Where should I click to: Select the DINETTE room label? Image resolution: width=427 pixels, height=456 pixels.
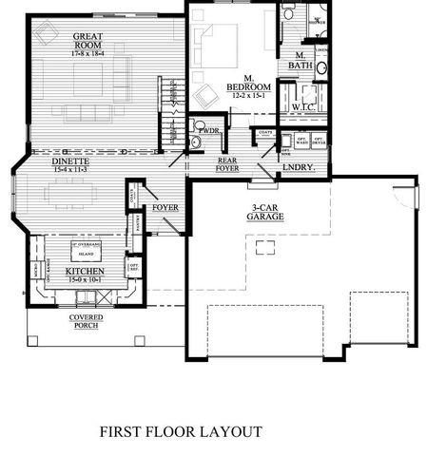click(x=44, y=161)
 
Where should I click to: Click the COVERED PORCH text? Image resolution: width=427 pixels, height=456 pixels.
click(x=86, y=322)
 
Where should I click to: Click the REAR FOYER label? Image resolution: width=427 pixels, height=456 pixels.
click(x=227, y=163)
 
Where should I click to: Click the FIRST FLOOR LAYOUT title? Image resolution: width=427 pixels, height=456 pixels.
click(x=179, y=430)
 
